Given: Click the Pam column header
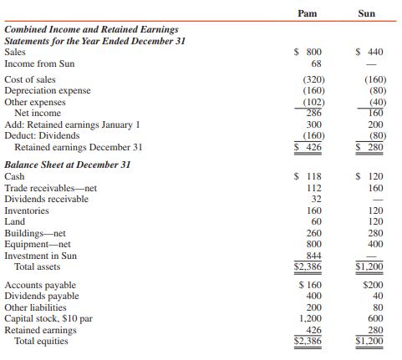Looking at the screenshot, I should [x=309, y=13].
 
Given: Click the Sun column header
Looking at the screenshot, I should [x=366, y=13].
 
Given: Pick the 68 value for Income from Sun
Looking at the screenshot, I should [x=316, y=63].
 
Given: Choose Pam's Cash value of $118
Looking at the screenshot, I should [x=310, y=177].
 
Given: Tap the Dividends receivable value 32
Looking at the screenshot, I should [x=316, y=200].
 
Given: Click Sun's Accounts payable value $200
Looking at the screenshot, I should [x=367, y=285].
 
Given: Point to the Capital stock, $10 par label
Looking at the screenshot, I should [x=50, y=318].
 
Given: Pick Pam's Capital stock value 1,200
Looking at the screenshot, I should [x=311, y=318].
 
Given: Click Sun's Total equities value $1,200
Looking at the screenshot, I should [x=367, y=341].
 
